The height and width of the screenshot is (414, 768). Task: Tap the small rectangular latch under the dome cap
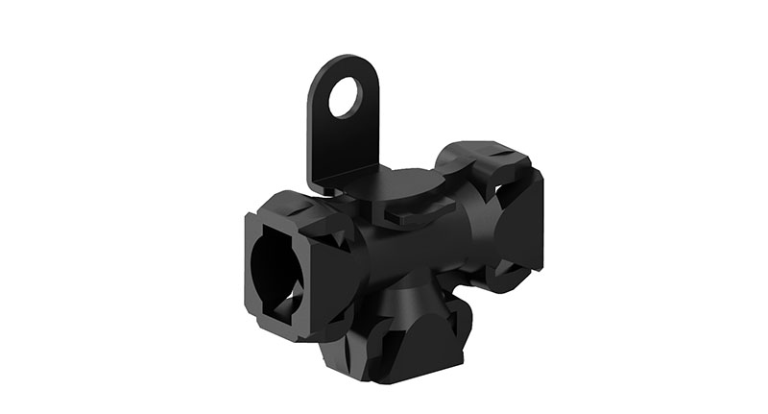pos(394,219)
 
